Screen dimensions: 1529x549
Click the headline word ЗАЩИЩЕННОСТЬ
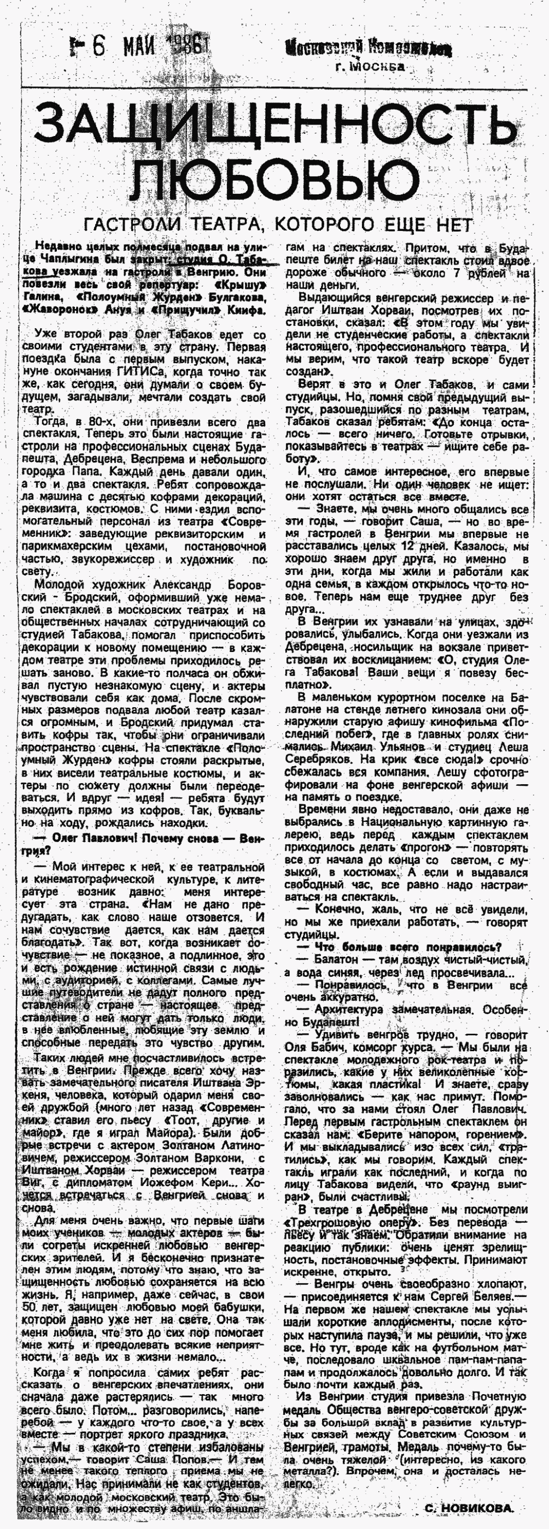coord(275,121)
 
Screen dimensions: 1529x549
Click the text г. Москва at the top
coord(370,67)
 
